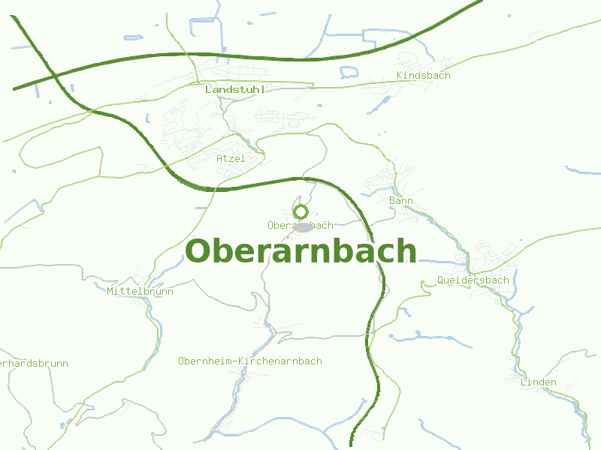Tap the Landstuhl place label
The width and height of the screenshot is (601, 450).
[234, 89]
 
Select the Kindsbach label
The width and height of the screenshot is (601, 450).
[423, 76]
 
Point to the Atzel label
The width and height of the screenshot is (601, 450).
[231, 158]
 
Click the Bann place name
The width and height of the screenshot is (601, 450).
[401, 201]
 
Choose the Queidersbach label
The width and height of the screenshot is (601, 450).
[473, 280]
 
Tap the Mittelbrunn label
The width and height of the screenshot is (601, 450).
[140, 291]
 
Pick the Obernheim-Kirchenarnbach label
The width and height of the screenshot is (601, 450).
[250, 361]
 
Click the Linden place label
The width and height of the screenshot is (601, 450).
[539, 382]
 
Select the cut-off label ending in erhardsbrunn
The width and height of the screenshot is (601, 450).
[33, 364]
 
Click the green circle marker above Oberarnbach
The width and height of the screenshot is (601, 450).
[300, 212]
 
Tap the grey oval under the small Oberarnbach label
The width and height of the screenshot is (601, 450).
[303, 226]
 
